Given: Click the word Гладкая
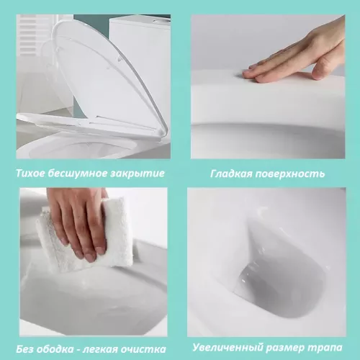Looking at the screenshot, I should coord(232,174).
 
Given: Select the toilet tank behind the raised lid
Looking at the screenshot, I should coord(140,43).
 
